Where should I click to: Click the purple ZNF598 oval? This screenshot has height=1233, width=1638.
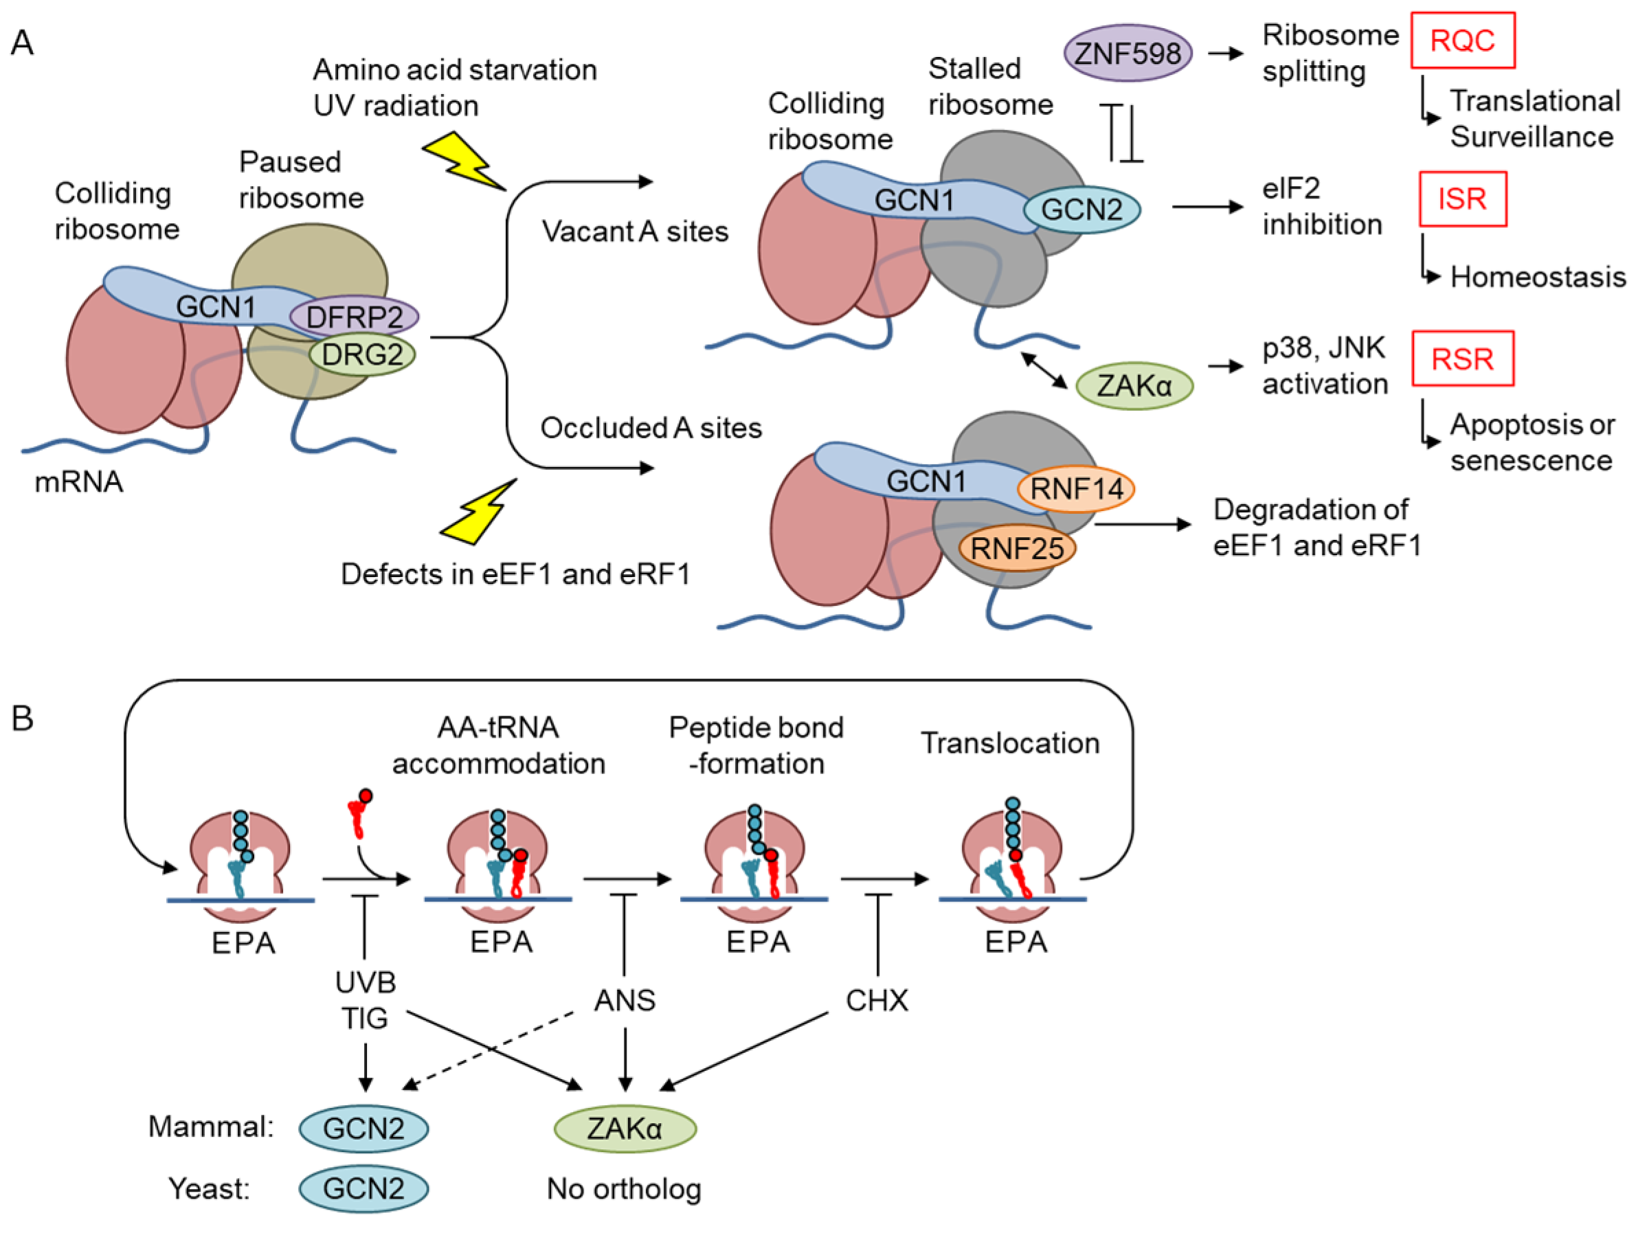(1127, 54)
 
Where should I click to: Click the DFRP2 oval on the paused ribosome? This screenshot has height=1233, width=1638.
(354, 317)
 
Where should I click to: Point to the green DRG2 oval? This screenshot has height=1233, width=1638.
(362, 354)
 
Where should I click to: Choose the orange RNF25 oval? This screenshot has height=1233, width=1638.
(1017, 549)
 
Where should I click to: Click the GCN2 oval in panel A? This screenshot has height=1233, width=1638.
(1081, 210)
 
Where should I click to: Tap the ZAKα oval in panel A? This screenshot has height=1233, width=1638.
(1134, 386)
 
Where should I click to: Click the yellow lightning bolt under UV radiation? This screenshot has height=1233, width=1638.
(464, 161)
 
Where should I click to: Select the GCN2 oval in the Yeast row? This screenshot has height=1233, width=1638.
(363, 1188)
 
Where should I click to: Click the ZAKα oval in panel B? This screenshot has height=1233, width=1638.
(625, 1129)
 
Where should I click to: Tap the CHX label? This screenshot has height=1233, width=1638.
(877, 1000)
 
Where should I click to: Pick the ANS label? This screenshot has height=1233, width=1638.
(625, 1000)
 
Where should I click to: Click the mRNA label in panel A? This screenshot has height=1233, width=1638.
(78, 482)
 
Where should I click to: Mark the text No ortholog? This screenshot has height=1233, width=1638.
(623, 1188)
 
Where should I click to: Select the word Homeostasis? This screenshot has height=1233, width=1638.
(1537, 277)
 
